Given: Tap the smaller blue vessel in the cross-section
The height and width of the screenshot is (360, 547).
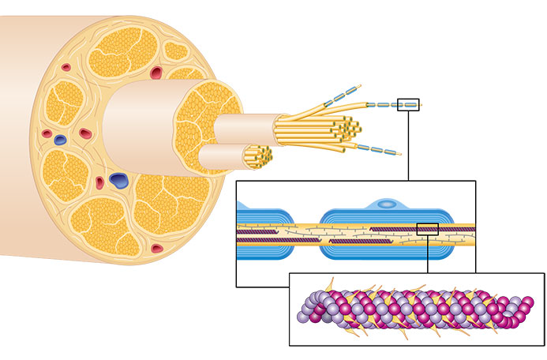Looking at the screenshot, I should coord(61,140).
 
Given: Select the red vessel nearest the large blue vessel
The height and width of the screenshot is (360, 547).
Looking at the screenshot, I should coord(100,182).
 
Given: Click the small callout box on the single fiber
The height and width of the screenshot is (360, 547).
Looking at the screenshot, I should coord(408,104).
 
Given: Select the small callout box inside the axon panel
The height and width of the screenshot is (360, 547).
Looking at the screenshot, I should coord(427,229).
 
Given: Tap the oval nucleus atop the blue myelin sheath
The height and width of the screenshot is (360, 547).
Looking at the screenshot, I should coord(386,204).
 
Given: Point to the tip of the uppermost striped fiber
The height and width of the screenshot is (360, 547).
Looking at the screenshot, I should coord(359,84).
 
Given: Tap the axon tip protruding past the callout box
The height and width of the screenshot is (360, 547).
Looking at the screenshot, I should coord(421,104).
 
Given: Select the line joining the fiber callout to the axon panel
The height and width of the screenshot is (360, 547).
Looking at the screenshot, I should coord(408,146).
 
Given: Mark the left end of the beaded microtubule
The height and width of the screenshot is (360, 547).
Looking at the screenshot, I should coord(302,314).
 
